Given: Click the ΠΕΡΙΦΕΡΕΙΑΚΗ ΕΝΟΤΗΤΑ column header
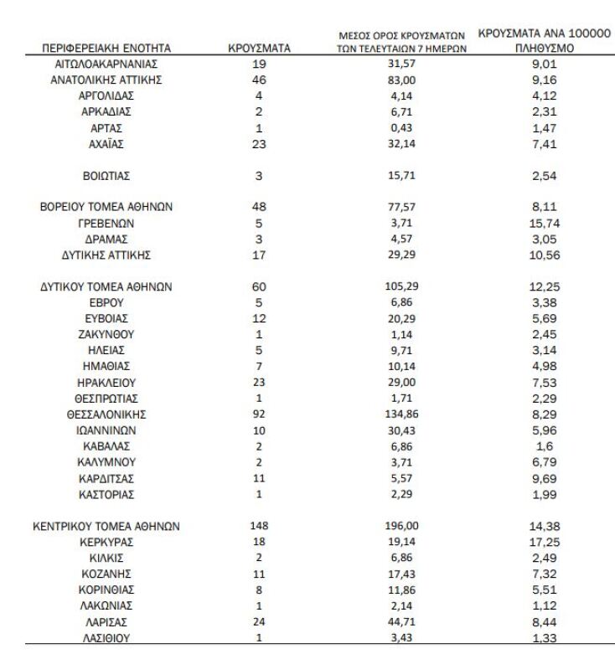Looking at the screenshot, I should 106,49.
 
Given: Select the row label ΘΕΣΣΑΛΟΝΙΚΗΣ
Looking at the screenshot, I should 106,414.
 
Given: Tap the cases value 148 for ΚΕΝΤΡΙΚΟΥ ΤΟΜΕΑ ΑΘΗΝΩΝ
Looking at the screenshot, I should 259,526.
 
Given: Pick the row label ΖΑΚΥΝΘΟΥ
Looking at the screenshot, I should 106,334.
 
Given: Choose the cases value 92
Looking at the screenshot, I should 259,414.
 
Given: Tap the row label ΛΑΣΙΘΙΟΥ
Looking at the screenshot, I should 106,637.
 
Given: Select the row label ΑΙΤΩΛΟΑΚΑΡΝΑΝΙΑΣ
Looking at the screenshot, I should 106,64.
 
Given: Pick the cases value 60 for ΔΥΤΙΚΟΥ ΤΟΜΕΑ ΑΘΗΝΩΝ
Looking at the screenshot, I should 259,286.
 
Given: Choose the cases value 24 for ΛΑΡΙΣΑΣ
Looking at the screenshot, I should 259,621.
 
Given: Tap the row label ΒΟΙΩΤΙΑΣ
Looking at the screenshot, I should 106,176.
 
